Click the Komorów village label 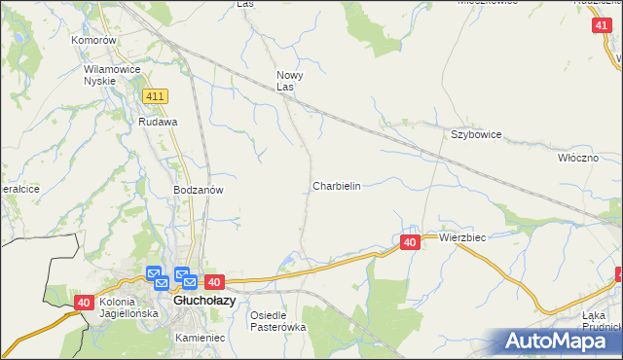94,41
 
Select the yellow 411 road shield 155,96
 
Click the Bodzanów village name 199,191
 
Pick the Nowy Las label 291,81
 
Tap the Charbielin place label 337,186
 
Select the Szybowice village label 475,135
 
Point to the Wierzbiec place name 462,237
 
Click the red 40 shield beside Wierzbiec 410,241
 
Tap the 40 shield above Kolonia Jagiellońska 85,304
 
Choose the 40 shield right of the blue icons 215,282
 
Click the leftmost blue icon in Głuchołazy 153,274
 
